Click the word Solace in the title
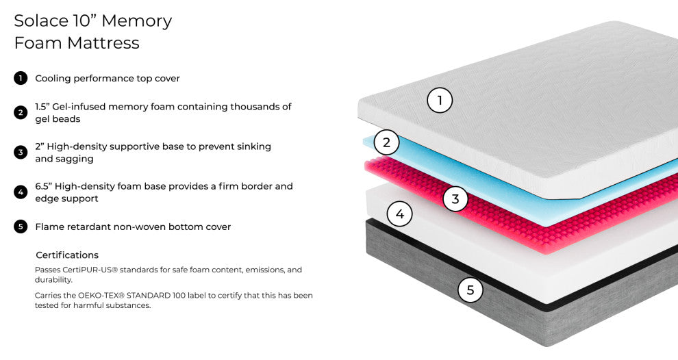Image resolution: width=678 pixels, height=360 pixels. click(41, 21)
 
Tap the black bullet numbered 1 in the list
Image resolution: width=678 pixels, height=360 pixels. click(21, 78)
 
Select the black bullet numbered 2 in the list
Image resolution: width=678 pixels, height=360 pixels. click(21, 112)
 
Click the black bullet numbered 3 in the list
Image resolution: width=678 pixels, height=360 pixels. click(21, 152)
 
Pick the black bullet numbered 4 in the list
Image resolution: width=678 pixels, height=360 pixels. click(21, 192)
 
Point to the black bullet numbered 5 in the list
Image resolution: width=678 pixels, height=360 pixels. click(21, 227)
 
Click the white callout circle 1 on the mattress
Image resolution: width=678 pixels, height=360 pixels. click(440, 101)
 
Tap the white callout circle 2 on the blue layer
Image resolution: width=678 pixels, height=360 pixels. click(386, 142)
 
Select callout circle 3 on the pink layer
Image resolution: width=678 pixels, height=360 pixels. click(455, 199)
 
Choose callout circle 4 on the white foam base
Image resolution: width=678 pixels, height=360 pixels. click(400, 214)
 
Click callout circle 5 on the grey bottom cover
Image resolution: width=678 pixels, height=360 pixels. click(470, 290)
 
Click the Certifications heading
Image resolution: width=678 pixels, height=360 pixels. click(67, 255)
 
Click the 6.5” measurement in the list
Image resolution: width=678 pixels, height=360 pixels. click(44, 186)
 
